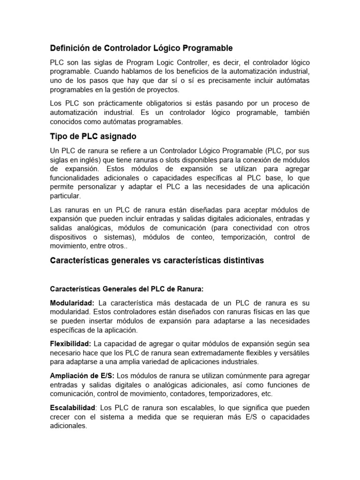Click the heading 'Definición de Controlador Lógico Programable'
pos(141,48)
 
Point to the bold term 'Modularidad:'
pos(72,303)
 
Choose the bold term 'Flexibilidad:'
pos(70,344)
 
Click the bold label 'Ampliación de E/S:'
pos(82,376)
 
